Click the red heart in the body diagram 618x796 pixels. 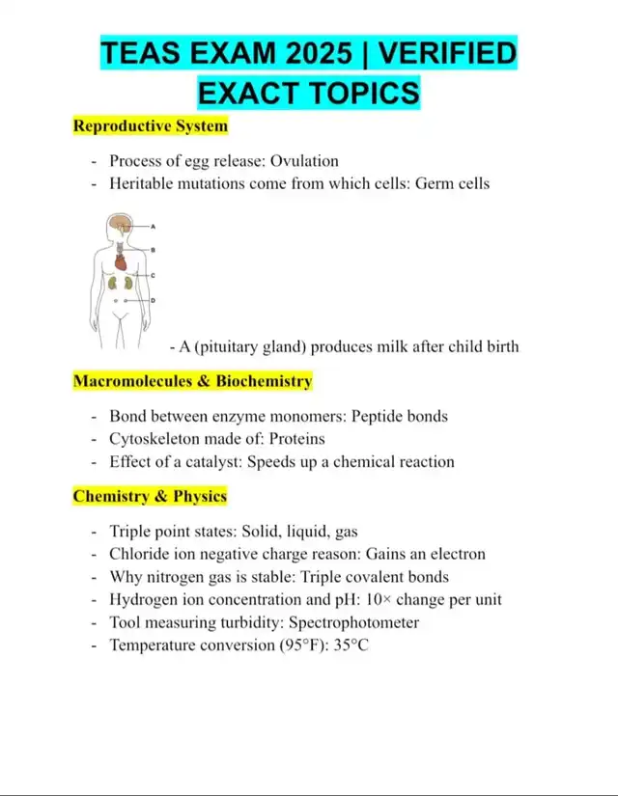pyautogui.click(x=121, y=261)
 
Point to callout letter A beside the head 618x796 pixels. pyautogui.click(x=154, y=226)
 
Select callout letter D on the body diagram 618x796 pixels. pyautogui.click(x=154, y=301)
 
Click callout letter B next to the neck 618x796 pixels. pyautogui.click(x=154, y=250)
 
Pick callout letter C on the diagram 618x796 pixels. pyautogui.click(x=154, y=276)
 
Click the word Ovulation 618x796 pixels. pyautogui.click(x=304, y=161)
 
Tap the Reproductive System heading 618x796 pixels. pyautogui.click(x=151, y=125)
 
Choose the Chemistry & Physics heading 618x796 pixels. pyautogui.click(x=150, y=497)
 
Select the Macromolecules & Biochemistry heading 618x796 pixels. pyautogui.click(x=192, y=381)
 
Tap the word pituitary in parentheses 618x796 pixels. pyautogui.click(x=232, y=346)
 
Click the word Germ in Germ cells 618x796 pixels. pyautogui.click(x=434, y=183)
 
